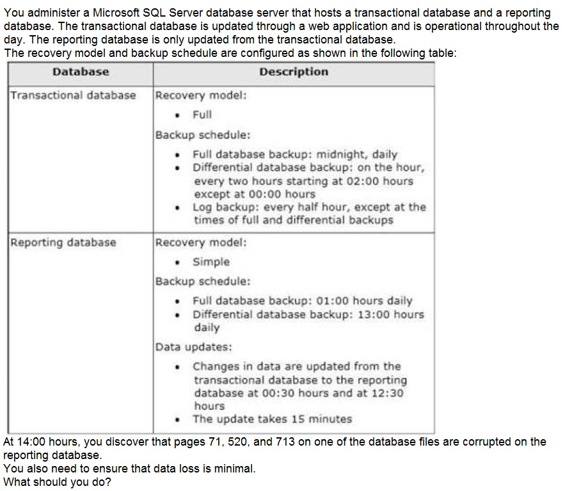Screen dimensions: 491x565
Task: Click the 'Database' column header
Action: (x=81, y=72)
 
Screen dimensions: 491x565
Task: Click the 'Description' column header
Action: (x=294, y=72)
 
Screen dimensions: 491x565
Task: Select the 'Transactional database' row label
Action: (x=73, y=95)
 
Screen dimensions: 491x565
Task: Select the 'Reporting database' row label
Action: (x=63, y=242)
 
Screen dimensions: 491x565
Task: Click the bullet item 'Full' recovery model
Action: (x=202, y=114)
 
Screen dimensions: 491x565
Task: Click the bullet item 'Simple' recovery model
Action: (x=211, y=261)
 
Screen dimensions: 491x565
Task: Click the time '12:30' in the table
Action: (x=388, y=393)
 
